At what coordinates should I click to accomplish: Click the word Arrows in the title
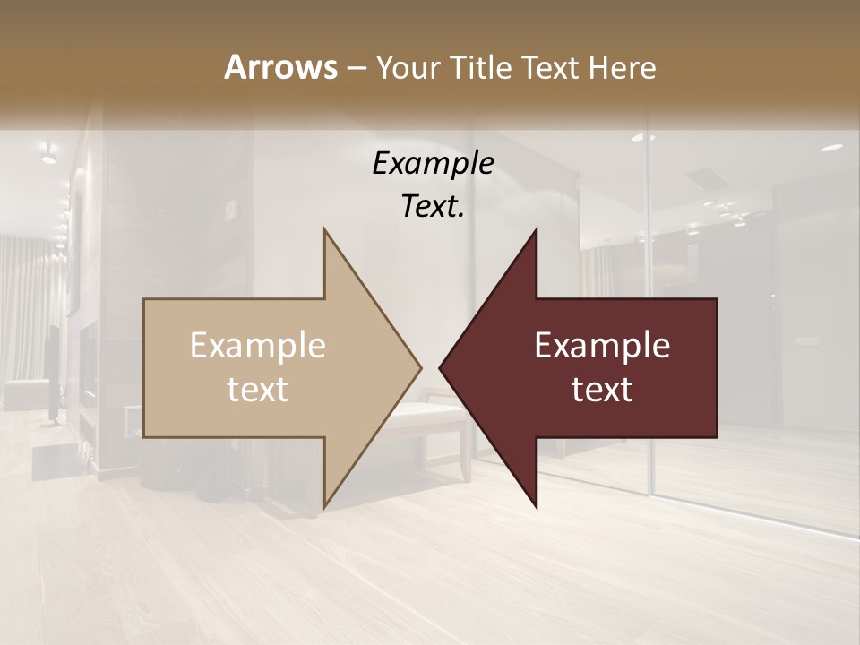point(280,67)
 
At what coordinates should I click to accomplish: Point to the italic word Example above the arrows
point(433,164)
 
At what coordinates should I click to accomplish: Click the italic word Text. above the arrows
point(433,207)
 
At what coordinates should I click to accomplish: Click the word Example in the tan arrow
point(257,345)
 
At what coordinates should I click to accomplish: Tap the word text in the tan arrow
point(257,389)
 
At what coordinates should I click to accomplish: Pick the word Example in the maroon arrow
point(602,345)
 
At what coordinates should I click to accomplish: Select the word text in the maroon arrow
point(602,389)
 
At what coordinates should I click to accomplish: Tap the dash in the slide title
point(355,68)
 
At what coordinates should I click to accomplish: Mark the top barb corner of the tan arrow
point(325,230)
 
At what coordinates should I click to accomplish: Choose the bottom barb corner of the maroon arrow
point(536,506)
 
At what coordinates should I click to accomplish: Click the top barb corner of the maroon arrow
point(536,230)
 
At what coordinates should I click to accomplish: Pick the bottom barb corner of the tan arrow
point(325,506)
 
